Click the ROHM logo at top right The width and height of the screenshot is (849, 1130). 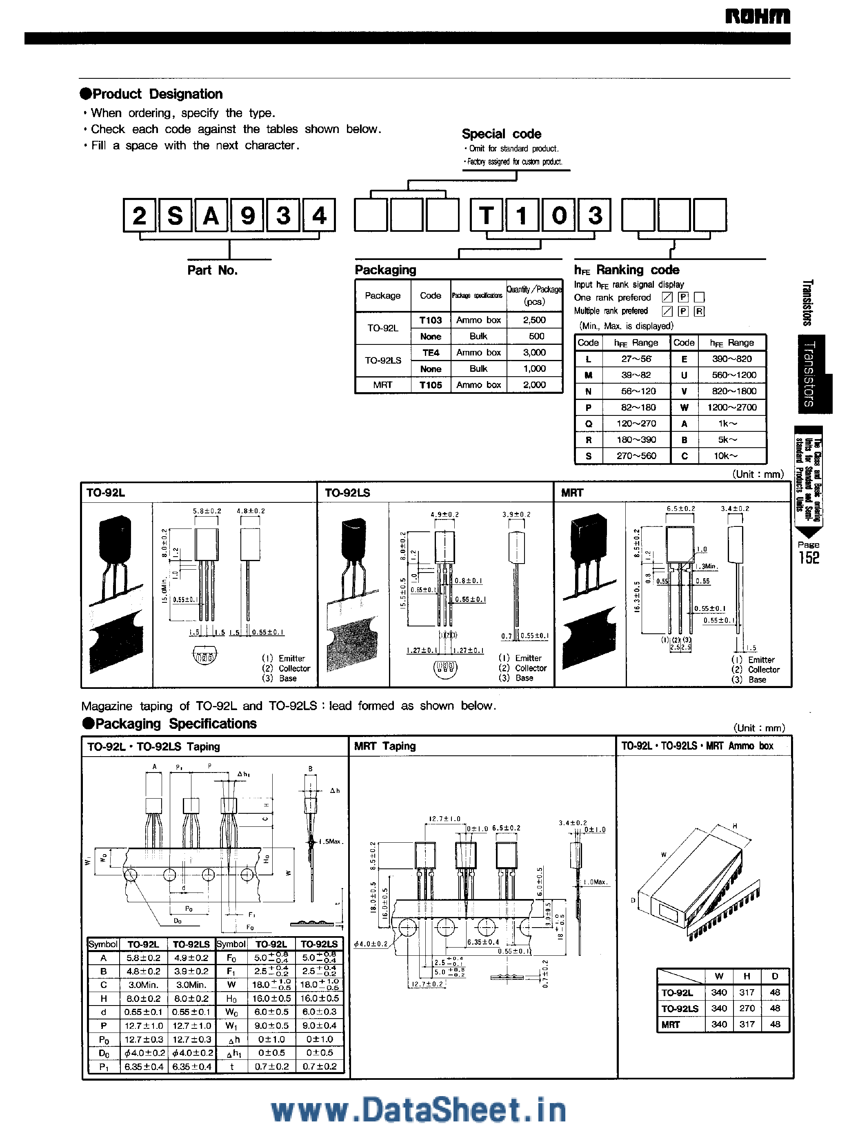click(x=757, y=17)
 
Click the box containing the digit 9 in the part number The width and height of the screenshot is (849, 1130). click(x=247, y=215)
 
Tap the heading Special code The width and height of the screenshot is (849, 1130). click(x=501, y=134)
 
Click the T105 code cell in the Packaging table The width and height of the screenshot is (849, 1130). click(x=430, y=385)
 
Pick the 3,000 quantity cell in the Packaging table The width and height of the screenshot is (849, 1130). click(x=534, y=353)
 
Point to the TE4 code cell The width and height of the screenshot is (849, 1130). click(x=430, y=353)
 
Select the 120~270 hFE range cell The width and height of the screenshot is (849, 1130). click(x=636, y=424)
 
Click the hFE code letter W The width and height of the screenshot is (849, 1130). click(x=684, y=407)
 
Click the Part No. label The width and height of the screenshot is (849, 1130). click(x=213, y=270)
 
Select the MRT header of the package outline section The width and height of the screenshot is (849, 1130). click(x=572, y=493)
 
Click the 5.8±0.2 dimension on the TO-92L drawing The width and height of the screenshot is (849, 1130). click(x=207, y=511)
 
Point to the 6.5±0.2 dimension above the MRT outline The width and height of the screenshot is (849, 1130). click(x=680, y=509)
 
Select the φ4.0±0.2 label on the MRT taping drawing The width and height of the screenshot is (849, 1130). click(x=370, y=944)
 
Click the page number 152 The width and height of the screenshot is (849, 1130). click(x=809, y=558)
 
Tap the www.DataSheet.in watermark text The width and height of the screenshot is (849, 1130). click(x=418, y=1110)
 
